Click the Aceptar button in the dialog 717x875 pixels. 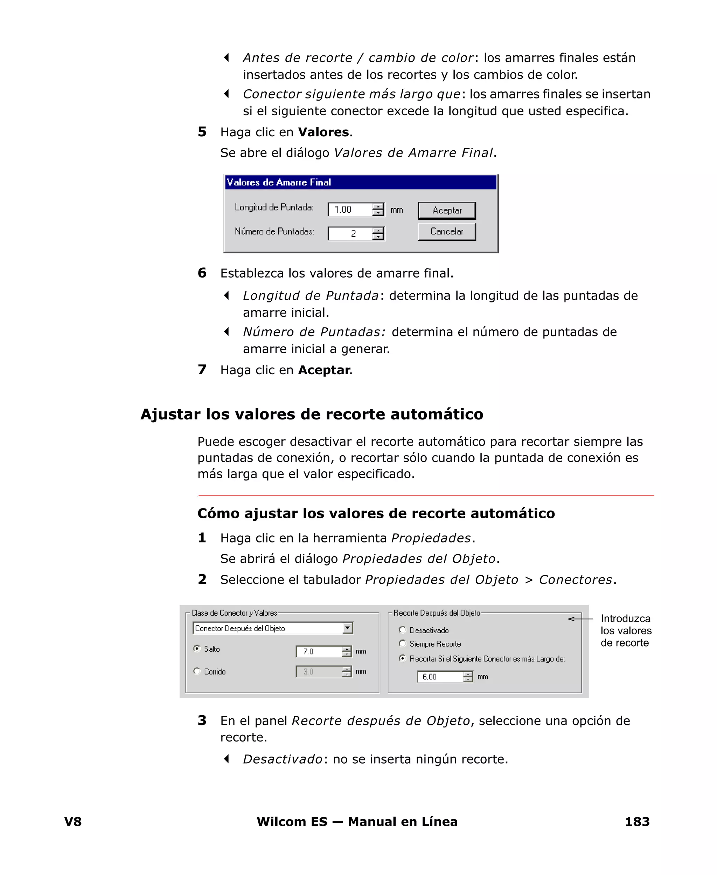[x=446, y=210]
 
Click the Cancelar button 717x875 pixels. [x=446, y=232]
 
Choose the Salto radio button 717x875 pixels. [x=197, y=649]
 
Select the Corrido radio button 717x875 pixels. [x=197, y=671]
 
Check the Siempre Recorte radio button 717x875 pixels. [x=402, y=643]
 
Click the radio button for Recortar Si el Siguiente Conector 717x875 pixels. [x=402, y=658]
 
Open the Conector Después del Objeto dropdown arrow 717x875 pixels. [x=348, y=628]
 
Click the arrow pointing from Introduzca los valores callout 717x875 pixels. [x=579, y=619]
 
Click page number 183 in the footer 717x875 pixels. [x=637, y=821]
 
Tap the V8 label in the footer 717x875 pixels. [x=73, y=821]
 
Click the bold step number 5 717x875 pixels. [x=202, y=132]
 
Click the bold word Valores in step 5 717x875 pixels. [x=323, y=132]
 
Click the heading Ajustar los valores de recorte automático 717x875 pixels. [x=312, y=414]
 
